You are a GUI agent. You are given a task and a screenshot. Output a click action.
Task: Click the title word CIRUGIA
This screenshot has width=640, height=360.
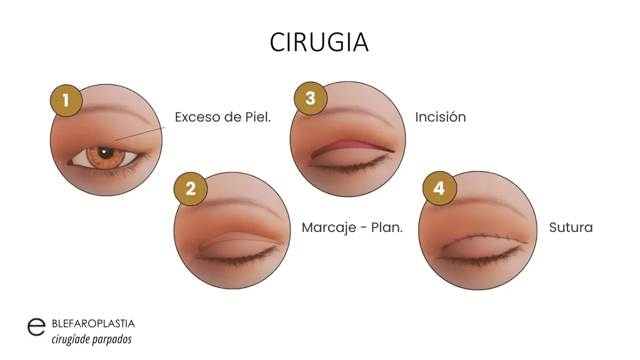click(x=319, y=42)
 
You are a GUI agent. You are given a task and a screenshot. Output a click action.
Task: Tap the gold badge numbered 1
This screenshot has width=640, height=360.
click(x=66, y=100)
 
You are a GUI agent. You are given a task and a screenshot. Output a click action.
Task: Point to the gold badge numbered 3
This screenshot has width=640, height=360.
click(x=310, y=98)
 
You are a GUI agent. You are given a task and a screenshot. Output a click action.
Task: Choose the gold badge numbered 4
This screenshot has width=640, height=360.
click(x=439, y=188)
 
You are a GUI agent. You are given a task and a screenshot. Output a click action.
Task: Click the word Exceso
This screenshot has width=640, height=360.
click(x=197, y=117)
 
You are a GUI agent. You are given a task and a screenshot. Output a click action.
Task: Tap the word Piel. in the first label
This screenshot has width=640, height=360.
click(x=257, y=117)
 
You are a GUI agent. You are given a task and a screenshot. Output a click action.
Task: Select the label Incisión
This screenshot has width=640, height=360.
click(x=441, y=117)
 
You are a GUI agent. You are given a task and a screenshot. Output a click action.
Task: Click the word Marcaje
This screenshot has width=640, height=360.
click(x=327, y=228)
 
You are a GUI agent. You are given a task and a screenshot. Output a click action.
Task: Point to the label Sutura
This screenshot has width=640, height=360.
click(x=571, y=228)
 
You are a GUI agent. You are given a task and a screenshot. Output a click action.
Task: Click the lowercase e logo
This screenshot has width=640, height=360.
click(x=36, y=327)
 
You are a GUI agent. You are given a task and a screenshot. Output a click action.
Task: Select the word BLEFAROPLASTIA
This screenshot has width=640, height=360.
click(x=93, y=324)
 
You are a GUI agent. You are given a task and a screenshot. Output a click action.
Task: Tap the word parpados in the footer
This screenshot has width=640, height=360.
click(x=112, y=340)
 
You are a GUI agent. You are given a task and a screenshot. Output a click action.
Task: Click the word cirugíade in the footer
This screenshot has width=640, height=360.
click(x=71, y=340)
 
